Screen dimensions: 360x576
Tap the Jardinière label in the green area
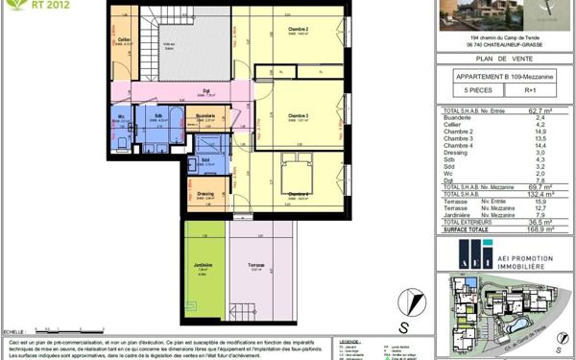point(203,266)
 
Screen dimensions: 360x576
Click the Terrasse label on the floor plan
point(254,266)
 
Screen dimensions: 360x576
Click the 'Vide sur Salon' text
point(168,44)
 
